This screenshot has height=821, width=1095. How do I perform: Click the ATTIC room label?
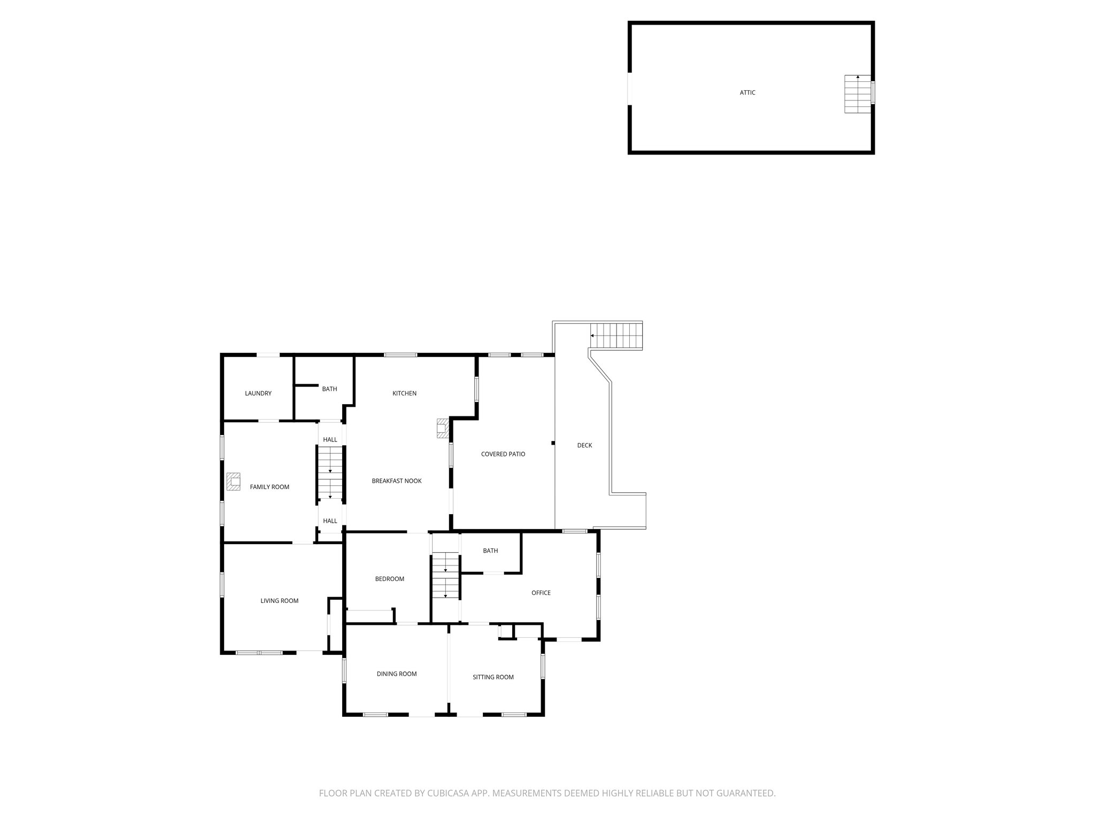pyautogui.click(x=747, y=92)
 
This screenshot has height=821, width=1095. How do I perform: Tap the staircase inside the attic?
pyautogui.click(x=858, y=94)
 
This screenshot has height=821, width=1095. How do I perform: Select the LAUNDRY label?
pyautogui.click(x=258, y=393)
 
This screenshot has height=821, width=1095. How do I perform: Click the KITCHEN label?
pyautogui.click(x=404, y=393)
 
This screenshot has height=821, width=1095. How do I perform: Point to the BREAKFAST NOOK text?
pyautogui.click(x=397, y=481)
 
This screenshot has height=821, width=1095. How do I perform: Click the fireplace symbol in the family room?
pyautogui.click(x=233, y=481)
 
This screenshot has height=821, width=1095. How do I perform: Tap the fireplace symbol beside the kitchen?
pyautogui.click(x=442, y=428)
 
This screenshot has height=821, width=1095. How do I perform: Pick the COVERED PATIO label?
pyautogui.click(x=503, y=454)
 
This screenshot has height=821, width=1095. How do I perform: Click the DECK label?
pyautogui.click(x=584, y=445)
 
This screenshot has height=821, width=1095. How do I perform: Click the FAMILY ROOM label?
pyautogui.click(x=269, y=487)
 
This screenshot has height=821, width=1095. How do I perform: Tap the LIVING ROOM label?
pyautogui.click(x=279, y=601)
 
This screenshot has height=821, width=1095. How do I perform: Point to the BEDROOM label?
pyautogui.click(x=389, y=579)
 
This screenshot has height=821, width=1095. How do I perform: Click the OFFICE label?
pyautogui.click(x=541, y=593)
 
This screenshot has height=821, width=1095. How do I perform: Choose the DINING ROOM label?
pyautogui.click(x=396, y=674)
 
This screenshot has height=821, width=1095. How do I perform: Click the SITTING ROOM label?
pyautogui.click(x=493, y=677)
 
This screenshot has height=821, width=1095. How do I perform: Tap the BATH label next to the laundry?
pyautogui.click(x=329, y=389)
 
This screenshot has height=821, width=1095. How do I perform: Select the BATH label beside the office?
pyautogui.click(x=490, y=551)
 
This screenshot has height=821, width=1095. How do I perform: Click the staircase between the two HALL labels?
pyautogui.click(x=330, y=473)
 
